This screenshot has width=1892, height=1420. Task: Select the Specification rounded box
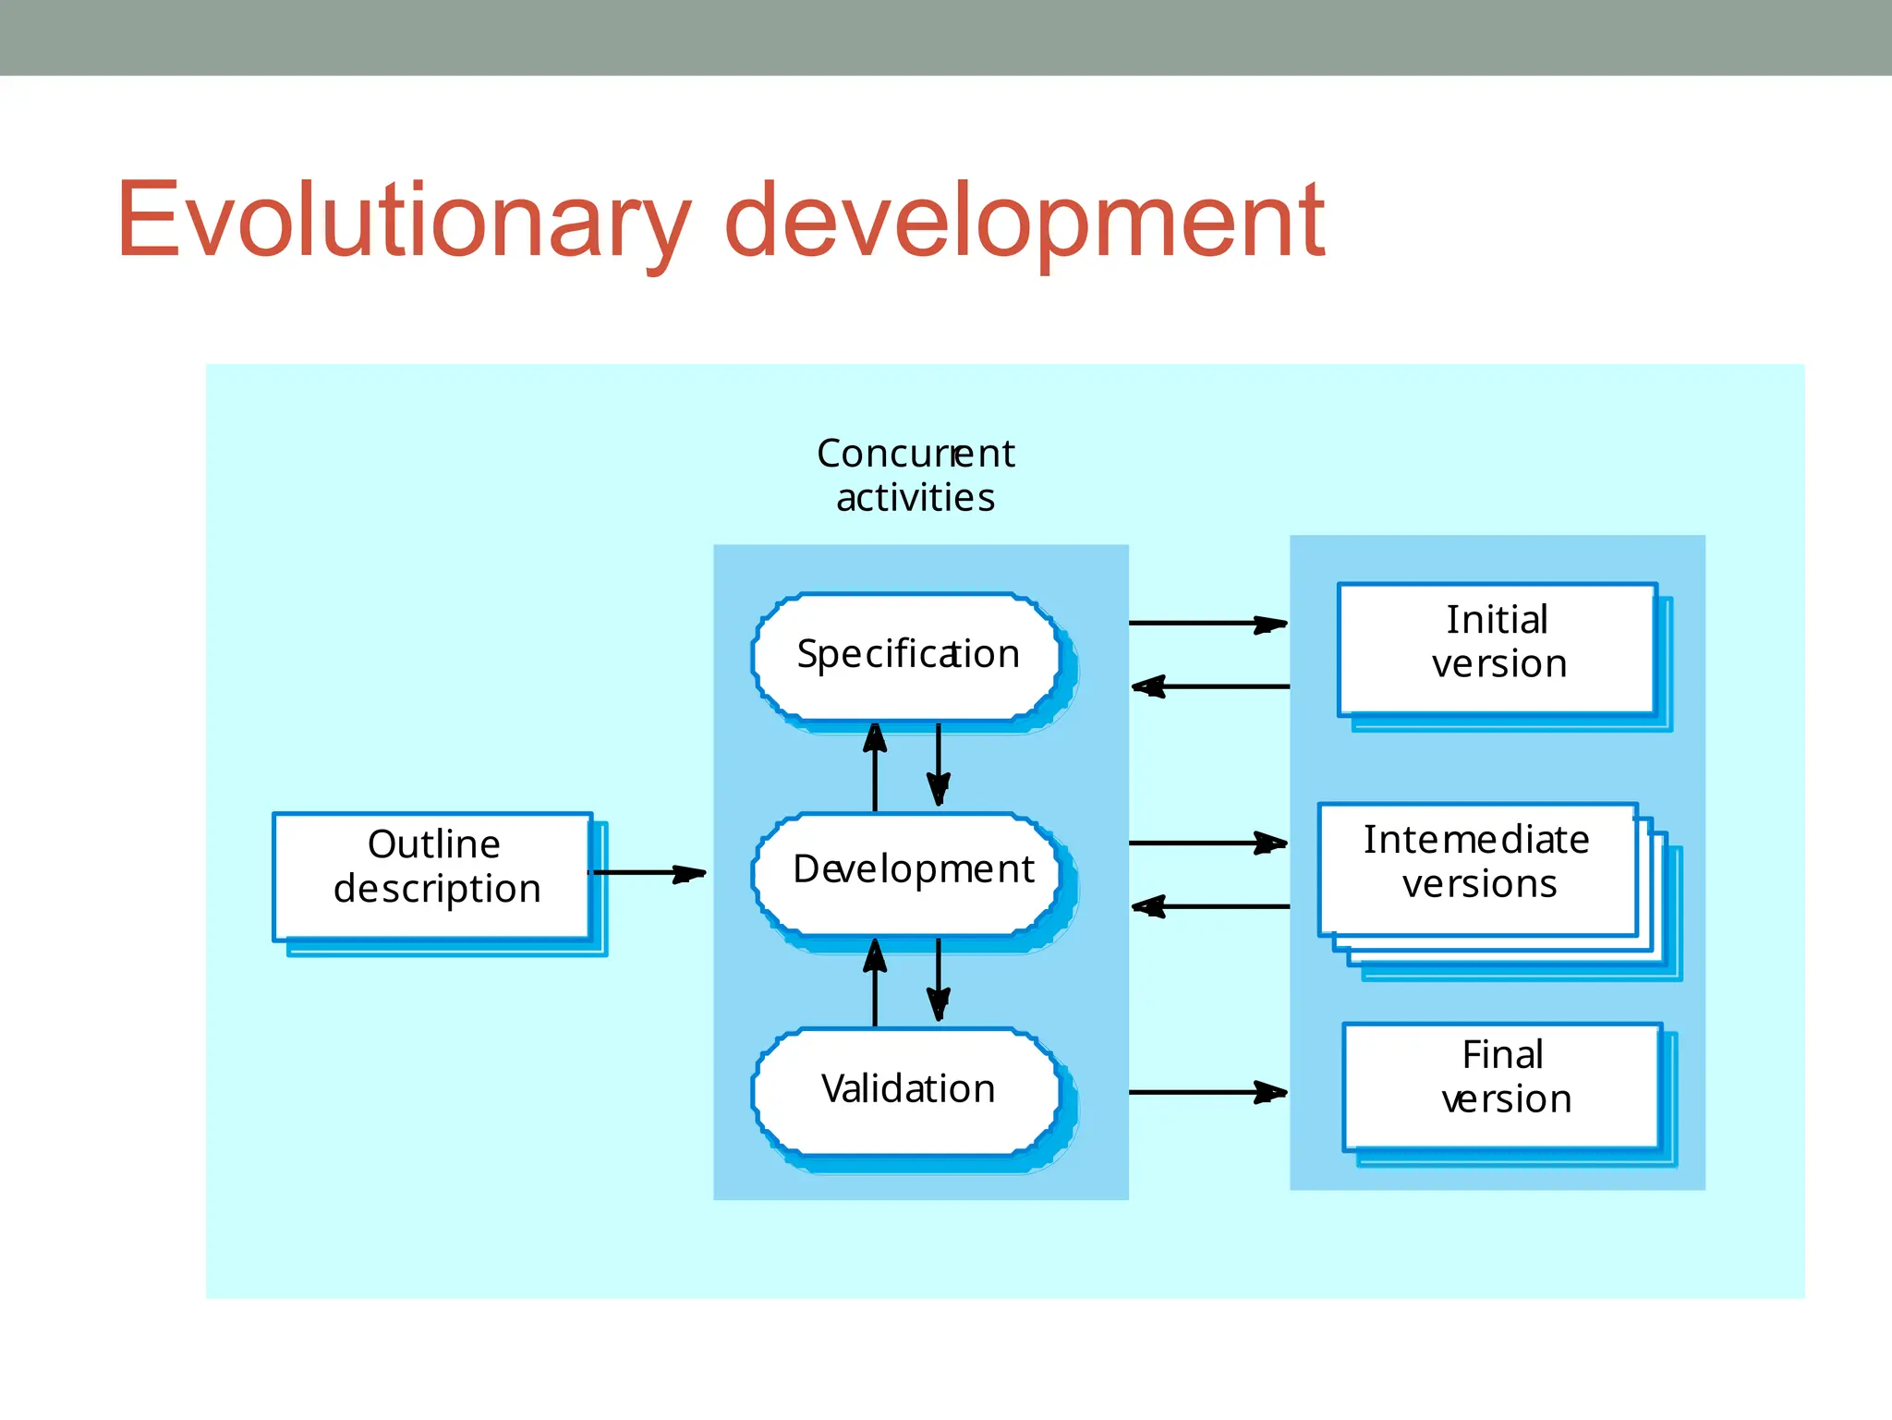click(x=907, y=655)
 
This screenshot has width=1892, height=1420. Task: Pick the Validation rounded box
click(x=907, y=1090)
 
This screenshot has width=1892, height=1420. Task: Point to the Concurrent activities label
click(x=915, y=475)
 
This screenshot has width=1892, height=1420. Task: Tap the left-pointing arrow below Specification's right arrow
click(x=1210, y=686)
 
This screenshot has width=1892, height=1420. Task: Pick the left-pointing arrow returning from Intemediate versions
click(x=1210, y=906)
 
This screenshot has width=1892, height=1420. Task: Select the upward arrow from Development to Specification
click(x=875, y=767)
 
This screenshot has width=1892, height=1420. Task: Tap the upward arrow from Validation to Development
click(x=875, y=983)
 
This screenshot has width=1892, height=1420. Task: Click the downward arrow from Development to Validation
click(x=939, y=979)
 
